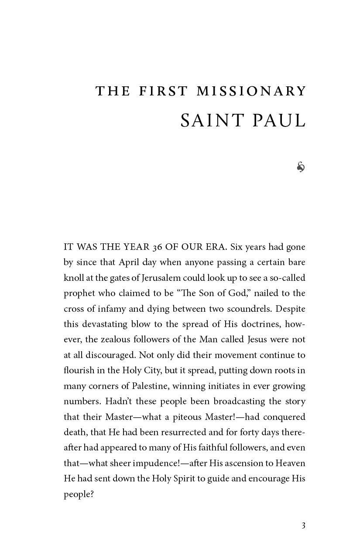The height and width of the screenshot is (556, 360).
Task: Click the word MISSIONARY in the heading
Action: coord(251,91)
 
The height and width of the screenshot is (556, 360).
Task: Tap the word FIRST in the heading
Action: coord(164,91)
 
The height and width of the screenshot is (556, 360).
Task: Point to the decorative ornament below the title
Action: coord(301,167)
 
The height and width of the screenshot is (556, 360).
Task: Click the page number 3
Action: coord(303,525)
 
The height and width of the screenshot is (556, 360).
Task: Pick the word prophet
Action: coord(79,293)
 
